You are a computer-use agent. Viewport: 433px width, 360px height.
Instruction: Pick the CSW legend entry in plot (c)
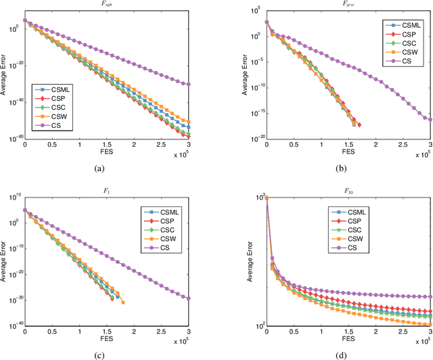(x=162, y=239)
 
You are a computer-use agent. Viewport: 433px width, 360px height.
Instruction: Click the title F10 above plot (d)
(x=348, y=192)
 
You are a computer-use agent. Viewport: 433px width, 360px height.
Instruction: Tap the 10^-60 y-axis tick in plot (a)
(x=15, y=139)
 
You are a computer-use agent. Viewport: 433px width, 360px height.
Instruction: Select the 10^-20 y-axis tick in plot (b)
(x=256, y=138)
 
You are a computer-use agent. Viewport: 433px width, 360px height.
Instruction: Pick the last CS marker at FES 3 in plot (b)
(x=431, y=119)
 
